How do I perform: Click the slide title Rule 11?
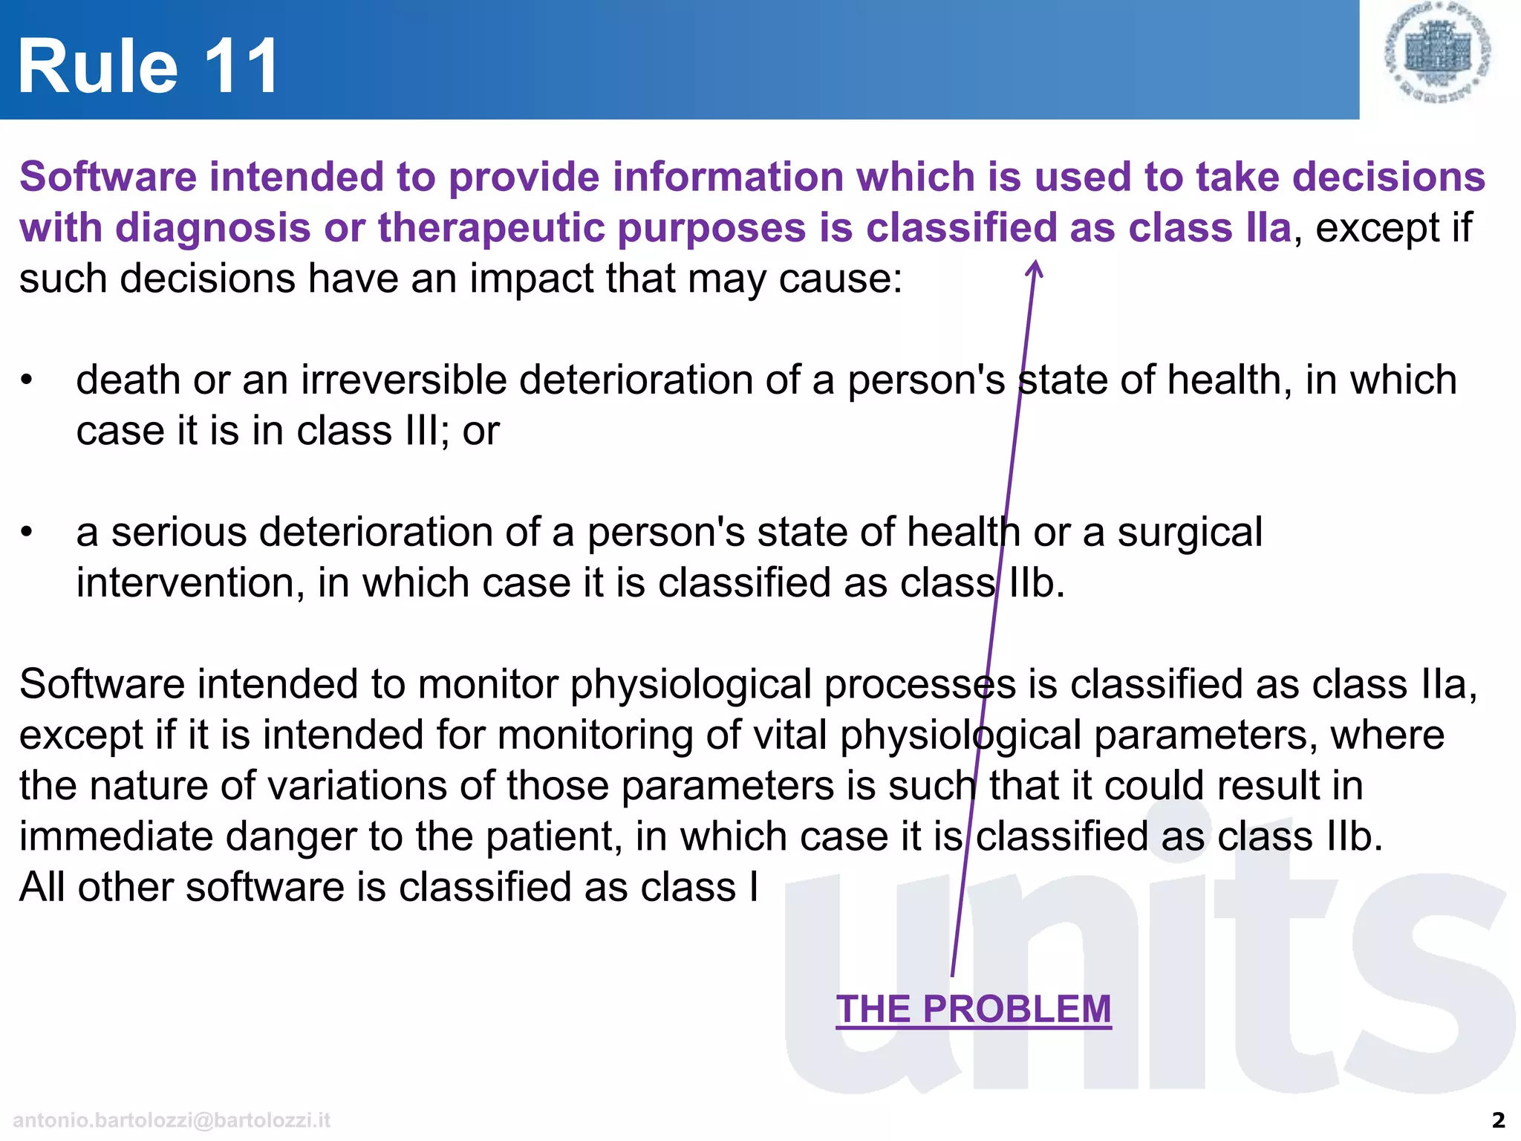[x=148, y=67]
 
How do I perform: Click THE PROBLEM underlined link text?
[x=973, y=1010]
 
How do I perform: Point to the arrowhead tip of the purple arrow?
[x=1034, y=262]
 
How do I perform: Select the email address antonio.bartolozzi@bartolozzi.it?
[x=172, y=1119]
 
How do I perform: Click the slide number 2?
[x=1498, y=1119]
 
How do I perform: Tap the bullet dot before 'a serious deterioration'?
[x=27, y=532]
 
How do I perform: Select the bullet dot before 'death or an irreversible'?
[x=27, y=380]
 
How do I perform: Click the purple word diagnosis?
[x=212, y=227]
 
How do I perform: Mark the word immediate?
[x=115, y=836]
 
